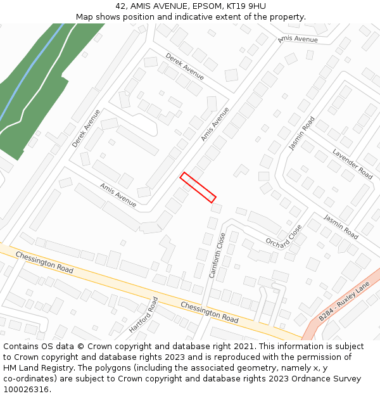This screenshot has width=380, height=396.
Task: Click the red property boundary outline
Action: pos(198,188)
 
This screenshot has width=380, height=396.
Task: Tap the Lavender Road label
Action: pos(353,163)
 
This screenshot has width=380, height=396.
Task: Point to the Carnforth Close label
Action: pos(217,255)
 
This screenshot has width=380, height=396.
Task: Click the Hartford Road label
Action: pos(143,315)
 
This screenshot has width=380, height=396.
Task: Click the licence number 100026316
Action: pos(27,390)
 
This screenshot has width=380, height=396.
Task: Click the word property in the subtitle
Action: pos(285,17)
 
